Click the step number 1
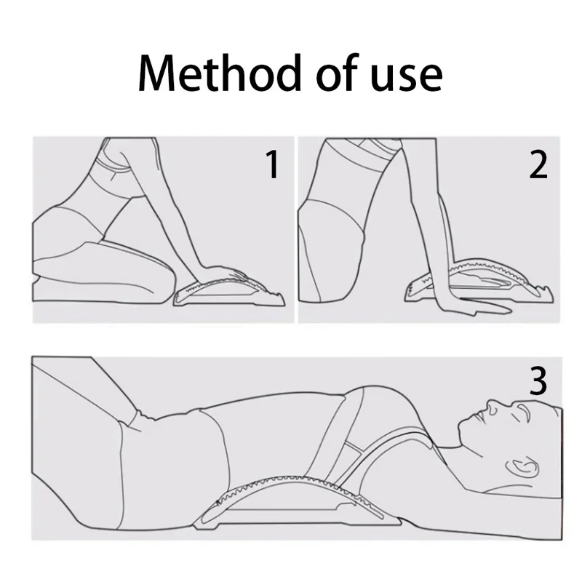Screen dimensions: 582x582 pos(274,164)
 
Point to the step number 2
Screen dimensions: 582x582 pos(538,165)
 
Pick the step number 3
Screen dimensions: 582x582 pos(538,380)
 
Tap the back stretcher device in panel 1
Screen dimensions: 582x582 pos(229,292)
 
